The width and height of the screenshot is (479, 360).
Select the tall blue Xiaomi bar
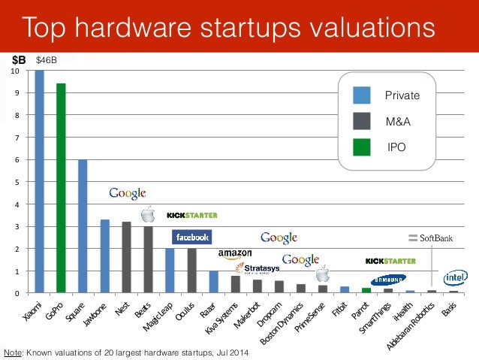point(39,181)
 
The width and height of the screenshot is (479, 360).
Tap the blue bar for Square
point(83,226)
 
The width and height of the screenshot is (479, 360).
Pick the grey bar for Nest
point(126,257)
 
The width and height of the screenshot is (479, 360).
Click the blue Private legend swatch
point(362,95)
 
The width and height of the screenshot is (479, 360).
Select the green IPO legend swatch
point(362,147)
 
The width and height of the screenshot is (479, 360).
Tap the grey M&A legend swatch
point(362,121)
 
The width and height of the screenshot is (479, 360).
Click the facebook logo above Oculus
point(191,237)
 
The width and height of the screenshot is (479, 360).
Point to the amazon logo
point(235,255)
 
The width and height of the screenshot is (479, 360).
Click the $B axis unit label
point(18,59)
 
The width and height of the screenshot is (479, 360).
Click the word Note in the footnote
point(12,352)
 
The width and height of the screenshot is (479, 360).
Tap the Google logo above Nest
point(128,193)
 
